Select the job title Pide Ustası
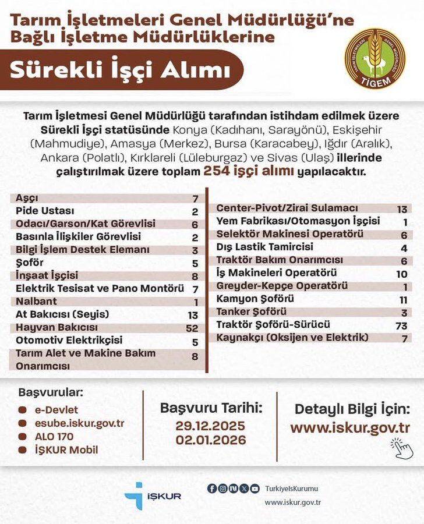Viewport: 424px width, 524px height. point(45,211)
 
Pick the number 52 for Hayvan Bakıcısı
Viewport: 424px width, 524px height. point(192,328)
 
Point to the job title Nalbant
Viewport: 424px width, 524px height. point(36,302)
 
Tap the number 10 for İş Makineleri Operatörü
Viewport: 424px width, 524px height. point(400,273)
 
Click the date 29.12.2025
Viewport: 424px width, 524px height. point(210,426)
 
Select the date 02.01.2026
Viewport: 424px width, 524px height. point(210,440)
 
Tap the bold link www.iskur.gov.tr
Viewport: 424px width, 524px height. point(350,428)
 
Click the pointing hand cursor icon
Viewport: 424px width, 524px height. point(400,448)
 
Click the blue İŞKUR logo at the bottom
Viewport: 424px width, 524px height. point(153,495)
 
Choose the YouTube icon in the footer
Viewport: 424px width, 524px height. point(255,489)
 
